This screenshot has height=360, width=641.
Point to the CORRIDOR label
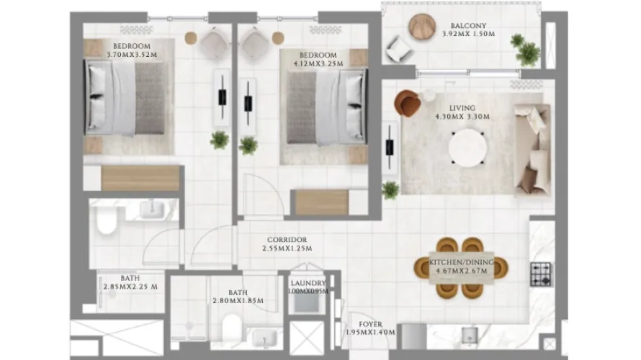[x=287, y=240]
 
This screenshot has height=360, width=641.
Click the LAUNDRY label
[x=308, y=283]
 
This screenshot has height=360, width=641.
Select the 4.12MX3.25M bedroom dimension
[x=318, y=64]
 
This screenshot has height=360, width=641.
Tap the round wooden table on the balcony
[x=423, y=27]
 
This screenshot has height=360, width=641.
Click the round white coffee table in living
[x=468, y=148]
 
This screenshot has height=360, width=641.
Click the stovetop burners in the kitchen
[x=541, y=274]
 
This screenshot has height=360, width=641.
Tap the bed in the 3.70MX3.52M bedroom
[x=126, y=97]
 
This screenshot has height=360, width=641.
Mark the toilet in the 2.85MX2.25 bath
[x=105, y=222]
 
